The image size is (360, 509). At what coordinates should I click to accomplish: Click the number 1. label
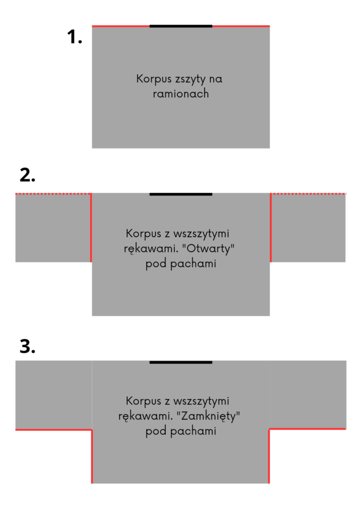point(74,36)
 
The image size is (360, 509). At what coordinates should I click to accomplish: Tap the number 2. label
point(27,175)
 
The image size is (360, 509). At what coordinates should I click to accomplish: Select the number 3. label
point(27,346)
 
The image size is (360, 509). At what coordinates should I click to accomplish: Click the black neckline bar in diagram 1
point(181,26)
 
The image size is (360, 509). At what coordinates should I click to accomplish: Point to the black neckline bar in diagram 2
point(181,194)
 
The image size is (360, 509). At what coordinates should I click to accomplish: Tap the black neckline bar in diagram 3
point(181,362)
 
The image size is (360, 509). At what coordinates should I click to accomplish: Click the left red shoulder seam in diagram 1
point(121,26)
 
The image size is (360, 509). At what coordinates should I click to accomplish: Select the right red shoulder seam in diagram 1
point(241,26)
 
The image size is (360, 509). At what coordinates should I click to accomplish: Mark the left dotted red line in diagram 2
point(53,194)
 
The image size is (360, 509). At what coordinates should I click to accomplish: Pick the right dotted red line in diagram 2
point(309,194)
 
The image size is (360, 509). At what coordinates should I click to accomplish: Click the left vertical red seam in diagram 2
point(91,228)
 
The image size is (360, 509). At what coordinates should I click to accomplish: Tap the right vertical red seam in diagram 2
point(271,228)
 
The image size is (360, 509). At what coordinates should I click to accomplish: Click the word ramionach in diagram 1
point(181,94)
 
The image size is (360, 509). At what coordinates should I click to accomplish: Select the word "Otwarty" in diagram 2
point(208,249)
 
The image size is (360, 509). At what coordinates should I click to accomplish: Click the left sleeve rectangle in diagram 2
point(53,228)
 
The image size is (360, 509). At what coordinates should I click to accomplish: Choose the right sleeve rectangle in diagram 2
point(308,228)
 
